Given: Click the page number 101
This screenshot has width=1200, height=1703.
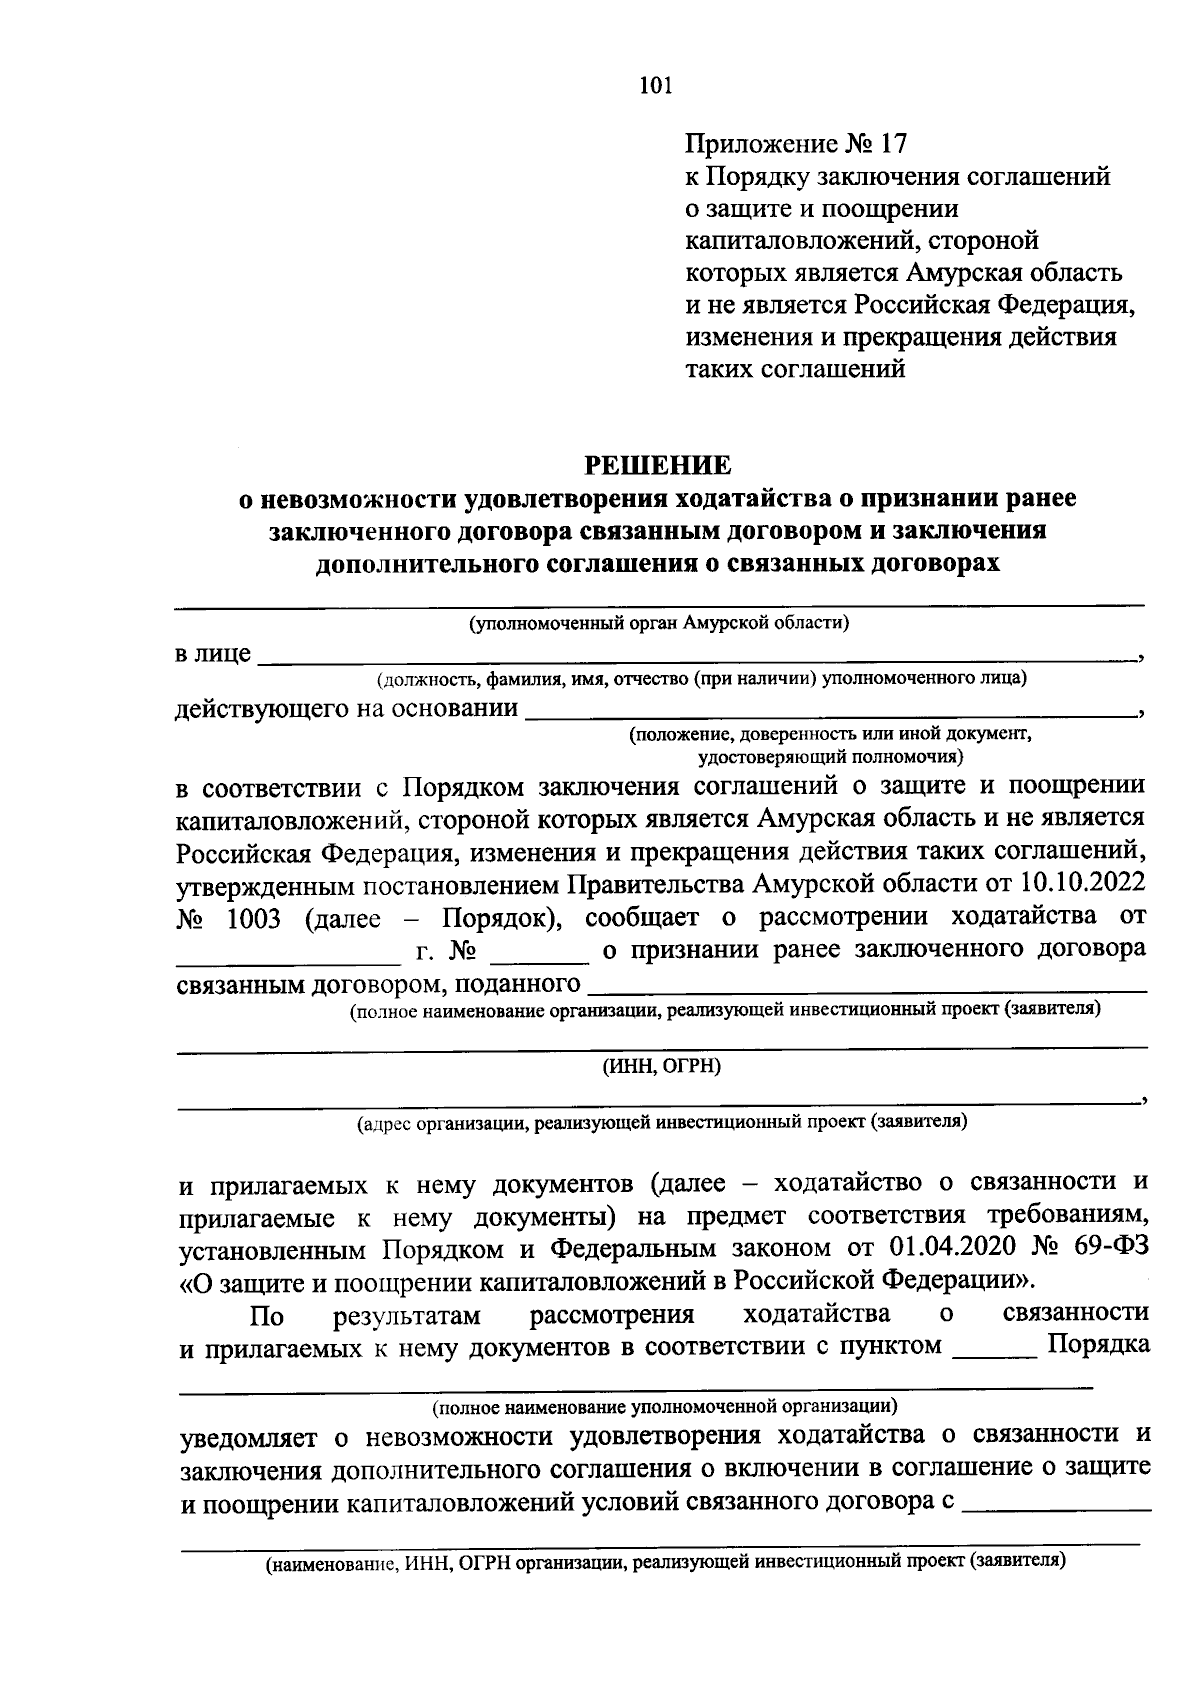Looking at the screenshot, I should pos(656,85).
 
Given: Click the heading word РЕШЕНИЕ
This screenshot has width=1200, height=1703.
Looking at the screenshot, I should pos(658,465).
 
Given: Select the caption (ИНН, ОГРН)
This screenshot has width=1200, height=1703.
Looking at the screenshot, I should pos(661,1066).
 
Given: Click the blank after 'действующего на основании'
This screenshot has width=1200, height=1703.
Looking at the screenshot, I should pos(830,711).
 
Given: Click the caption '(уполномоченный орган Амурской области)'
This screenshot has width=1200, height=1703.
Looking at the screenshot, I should pos(660,624).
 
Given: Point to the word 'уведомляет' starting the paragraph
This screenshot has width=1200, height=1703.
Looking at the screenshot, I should pos(249,1437).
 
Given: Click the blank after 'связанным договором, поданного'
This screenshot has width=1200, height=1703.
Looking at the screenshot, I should pos(866,988).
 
